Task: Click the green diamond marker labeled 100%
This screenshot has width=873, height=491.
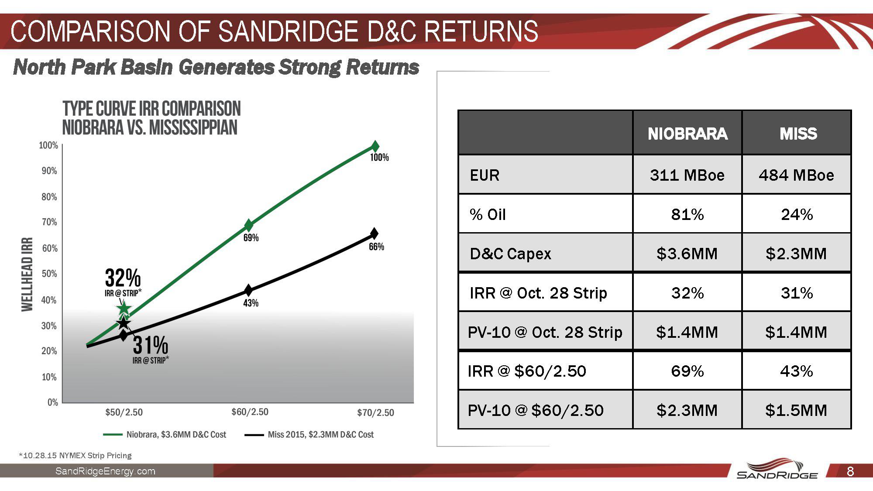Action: click(375, 146)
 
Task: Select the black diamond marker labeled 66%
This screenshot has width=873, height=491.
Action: click(374, 233)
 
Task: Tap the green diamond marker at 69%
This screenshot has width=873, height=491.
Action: click(248, 225)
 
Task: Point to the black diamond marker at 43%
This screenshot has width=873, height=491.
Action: click(248, 290)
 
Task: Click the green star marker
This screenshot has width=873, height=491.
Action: click(124, 309)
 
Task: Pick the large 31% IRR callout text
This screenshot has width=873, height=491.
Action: click(150, 345)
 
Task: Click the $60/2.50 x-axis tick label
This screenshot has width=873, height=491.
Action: click(250, 412)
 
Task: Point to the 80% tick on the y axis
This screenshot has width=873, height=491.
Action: click(49, 197)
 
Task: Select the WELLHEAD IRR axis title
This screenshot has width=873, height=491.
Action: click(27, 274)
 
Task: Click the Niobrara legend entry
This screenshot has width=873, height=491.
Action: click(175, 435)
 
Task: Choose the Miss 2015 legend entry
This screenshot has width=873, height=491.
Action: click(320, 435)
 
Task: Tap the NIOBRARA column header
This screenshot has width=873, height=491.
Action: click(687, 134)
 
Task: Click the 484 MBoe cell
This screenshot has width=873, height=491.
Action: click(796, 175)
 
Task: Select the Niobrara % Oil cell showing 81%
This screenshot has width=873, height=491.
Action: click(687, 214)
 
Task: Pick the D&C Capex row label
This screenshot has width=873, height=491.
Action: click(510, 254)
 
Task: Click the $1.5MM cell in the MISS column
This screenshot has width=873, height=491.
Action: click(796, 410)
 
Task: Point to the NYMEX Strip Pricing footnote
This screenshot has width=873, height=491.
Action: click(75, 456)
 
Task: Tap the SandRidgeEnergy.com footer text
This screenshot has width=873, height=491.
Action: click(105, 471)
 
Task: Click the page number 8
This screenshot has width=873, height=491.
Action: click(850, 471)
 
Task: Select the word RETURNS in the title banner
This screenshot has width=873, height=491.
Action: click(481, 31)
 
